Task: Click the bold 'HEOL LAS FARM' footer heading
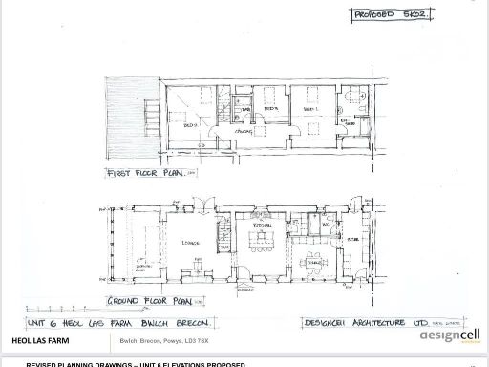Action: click(x=42, y=341)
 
